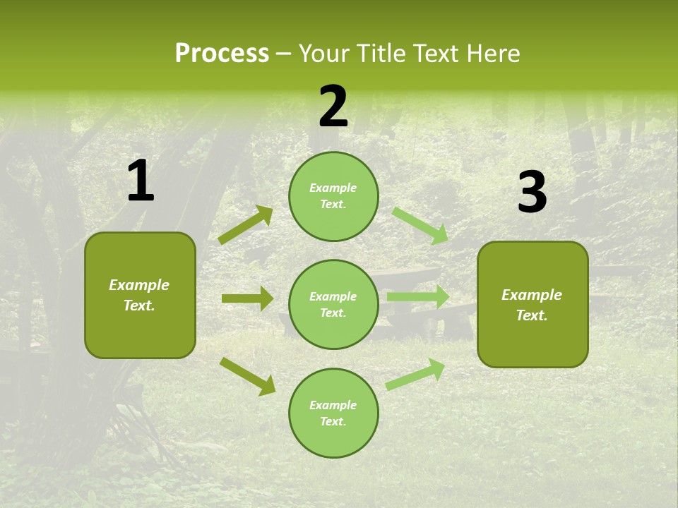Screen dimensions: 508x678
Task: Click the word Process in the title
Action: click(x=222, y=54)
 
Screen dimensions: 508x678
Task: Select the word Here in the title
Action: click(x=493, y=54)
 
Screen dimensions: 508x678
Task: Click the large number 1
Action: click(x=141, y=181)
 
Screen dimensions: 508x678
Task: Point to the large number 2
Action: click(x=333, y=107)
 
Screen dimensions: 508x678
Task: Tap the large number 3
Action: click(x=532, y=193)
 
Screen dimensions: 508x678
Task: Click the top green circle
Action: click(x=333, y=196)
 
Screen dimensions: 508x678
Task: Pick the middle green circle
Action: click(x=333, y=304)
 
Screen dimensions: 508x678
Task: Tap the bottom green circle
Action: click(x=333, y=413)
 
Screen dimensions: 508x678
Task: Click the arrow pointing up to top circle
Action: click(x=246, y=225)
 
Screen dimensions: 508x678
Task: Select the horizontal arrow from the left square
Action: click(x=247, y=298)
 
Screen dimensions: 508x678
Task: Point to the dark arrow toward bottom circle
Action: click(x=247, y=376)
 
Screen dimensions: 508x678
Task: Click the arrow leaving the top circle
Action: click(x=420, y=224)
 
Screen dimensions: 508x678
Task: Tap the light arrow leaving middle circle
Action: click(x=417, y=297)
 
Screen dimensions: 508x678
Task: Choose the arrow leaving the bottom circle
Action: click(x=415, y=375)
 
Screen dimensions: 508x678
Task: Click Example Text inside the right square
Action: click(x=532, y=305)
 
